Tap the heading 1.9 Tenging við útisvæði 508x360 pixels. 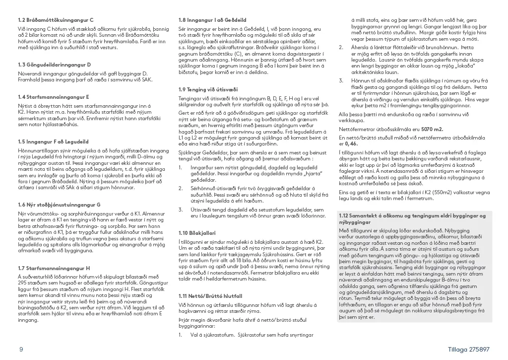pyautogui.click(x=203, y=89)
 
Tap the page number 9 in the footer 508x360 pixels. pyautogui.click(x=21, y=350)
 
